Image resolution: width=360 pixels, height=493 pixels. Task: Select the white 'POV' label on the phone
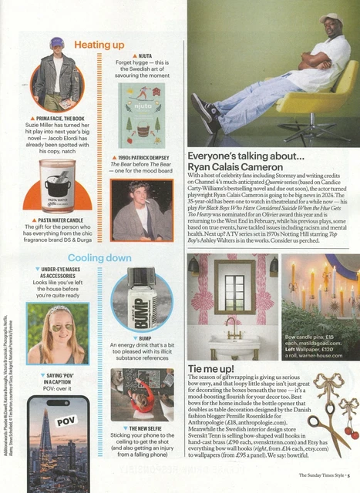pos(68,423)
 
